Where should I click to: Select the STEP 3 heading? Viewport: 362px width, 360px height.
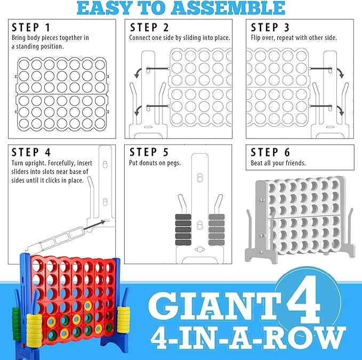[271, 27]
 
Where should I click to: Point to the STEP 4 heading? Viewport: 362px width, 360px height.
[31, 152]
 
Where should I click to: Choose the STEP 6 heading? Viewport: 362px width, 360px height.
[271, 152]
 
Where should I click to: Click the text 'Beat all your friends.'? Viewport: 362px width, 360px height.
[278, 163]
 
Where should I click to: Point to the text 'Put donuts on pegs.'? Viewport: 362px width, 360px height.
[155, 163]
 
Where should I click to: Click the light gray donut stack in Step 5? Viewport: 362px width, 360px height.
[216, 228]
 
